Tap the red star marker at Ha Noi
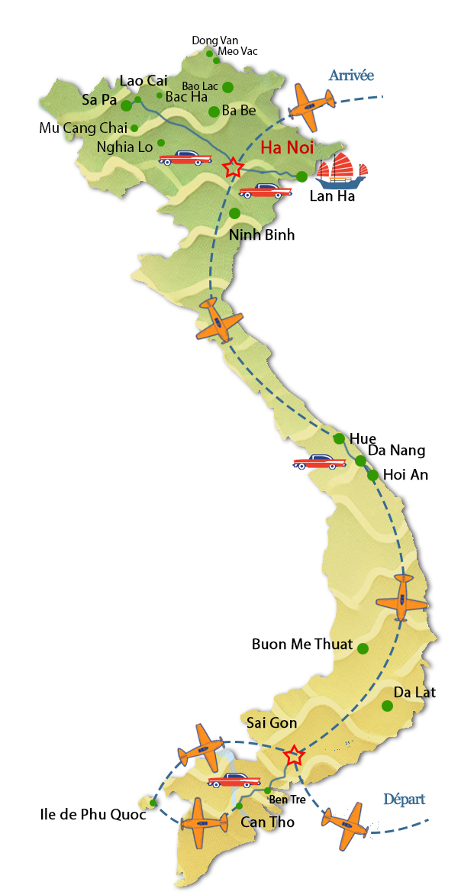coord(232,167)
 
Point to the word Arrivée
coord(351,75)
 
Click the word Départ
coord(404,800)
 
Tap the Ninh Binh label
coord(262,235)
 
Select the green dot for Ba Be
coord(214,111)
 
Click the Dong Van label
coord(210,40)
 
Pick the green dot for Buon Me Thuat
coord(363,649)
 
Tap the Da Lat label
coord(414,693)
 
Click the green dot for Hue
coord(339,438)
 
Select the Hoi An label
coord(405,475)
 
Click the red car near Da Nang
coord(319,462)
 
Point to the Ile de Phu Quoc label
coord(92,814)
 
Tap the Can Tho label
coord(267,822)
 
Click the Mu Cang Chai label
coord(83,128)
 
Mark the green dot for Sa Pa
coord(127,106)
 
